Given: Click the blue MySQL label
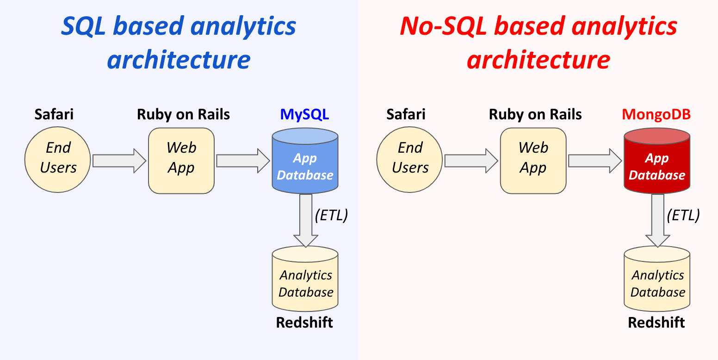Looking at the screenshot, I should point(304,114).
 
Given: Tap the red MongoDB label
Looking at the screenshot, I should point(656,114).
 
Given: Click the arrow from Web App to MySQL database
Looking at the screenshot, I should point(242,161).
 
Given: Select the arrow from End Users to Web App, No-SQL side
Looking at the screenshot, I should point(470,161).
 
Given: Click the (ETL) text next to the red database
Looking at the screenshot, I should point(683,215).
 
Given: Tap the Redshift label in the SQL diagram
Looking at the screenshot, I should point(304,323).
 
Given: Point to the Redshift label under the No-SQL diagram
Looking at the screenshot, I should point(656,323).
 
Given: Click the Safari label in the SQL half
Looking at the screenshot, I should point(54,114).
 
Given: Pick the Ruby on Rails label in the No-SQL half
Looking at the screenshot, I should point(535,114).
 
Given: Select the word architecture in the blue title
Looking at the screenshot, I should point(179,59).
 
